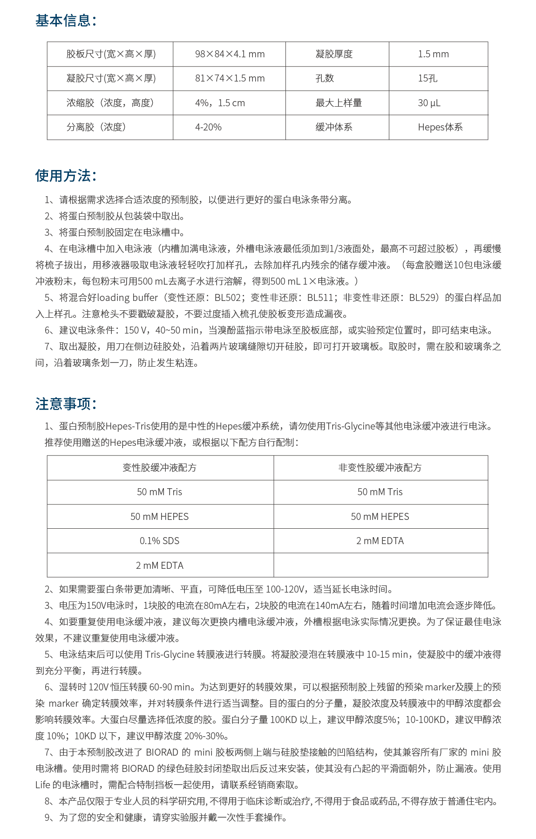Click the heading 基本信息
[65, 21]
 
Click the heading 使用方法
[65, 176]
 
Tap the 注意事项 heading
[65, 403]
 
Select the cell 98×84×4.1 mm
[230, 54]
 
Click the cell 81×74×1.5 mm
[230, 78]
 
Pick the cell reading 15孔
[427, 78]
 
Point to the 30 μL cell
[429, 103]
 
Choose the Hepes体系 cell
[440, 127]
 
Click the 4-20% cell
[208, 127]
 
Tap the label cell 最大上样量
[339, 103]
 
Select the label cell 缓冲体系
[334, 127]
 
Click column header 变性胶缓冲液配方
[160, 468]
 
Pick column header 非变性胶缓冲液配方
[380, 468]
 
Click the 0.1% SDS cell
[160, 541]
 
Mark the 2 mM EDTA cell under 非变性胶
[380, 541]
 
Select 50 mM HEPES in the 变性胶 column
[160, 517]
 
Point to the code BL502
[228, 298]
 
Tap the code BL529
[423, 298]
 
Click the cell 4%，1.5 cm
[220, 103]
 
